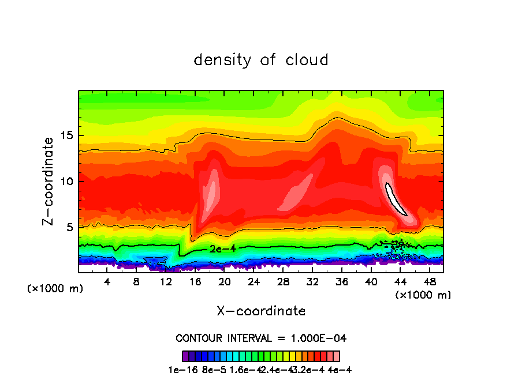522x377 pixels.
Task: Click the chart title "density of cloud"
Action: click(261, 60)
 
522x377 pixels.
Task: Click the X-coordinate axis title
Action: click(261, 311)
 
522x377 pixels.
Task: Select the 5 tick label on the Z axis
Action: click(71, 227)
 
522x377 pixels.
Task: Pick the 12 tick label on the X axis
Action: click(166, 282)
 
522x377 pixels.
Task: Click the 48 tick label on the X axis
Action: click(430, 282)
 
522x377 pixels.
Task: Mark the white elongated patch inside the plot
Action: click(396, 199)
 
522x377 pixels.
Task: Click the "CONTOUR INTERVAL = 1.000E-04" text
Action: click(261, 338)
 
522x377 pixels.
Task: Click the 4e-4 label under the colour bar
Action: click(340, 370)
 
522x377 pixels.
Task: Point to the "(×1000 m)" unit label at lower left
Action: click(55, 289)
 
